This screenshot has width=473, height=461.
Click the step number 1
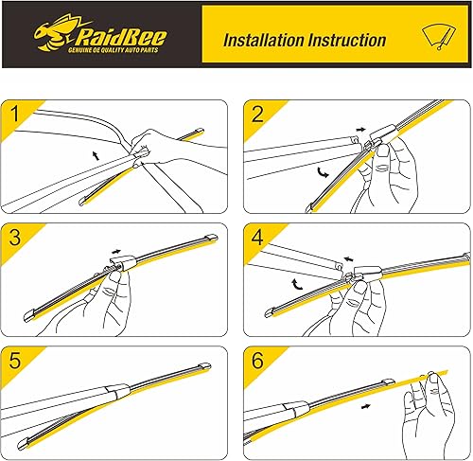pos(14,114)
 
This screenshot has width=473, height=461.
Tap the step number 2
pos(257,114)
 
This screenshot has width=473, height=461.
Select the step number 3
pos(15,238)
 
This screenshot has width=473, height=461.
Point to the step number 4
pos(257,238)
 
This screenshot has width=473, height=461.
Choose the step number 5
pos(15,360)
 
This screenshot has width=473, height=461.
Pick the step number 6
pos(257,360)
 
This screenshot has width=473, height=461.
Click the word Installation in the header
pos(263,41)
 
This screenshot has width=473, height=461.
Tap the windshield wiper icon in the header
pos(439,37)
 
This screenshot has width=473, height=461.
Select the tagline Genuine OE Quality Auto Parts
pos(114,50)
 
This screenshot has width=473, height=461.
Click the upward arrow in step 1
pos(96,155)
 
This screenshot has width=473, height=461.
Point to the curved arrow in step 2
pos(323,172)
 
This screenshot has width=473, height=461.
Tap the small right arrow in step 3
pos(116,252)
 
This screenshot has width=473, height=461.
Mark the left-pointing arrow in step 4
pos(348,259)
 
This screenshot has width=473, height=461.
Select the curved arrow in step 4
pos(297,284)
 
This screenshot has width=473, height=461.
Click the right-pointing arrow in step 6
pos(366,406)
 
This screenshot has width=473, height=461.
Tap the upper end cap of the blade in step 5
pos(205,366)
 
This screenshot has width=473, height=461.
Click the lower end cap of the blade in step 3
pos(29,315)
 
